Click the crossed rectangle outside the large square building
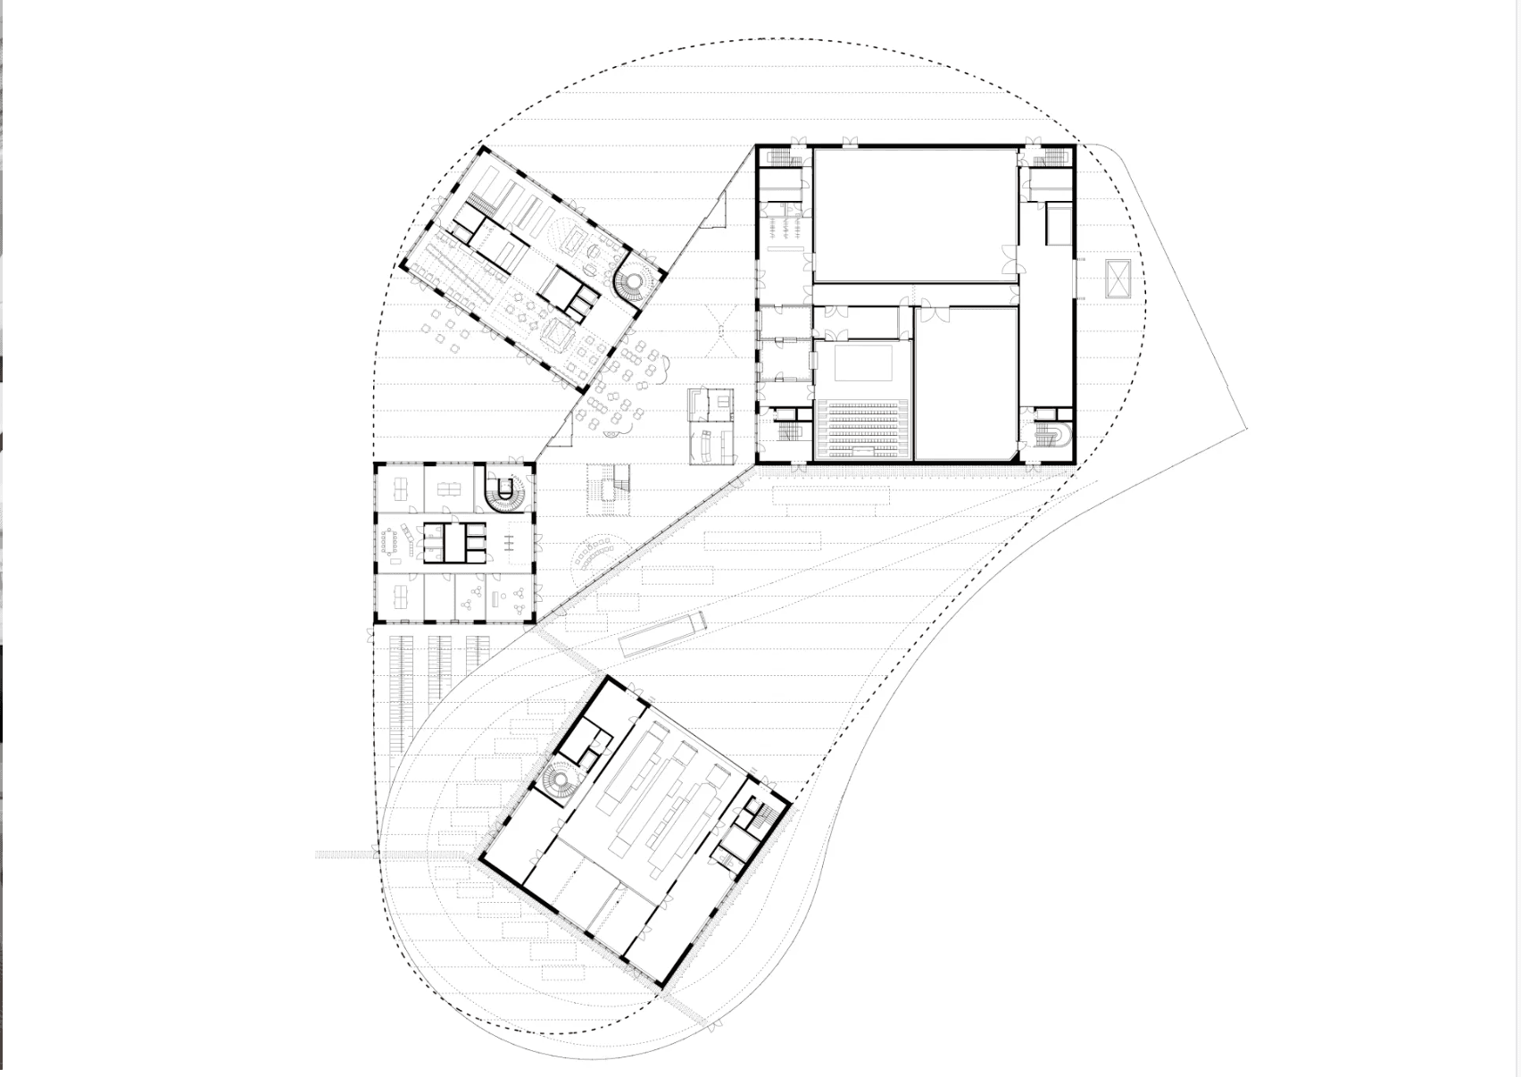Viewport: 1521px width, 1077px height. coord(1118,279)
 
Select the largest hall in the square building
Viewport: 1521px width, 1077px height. coord(915,214)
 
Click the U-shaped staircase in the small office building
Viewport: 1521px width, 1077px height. coord(504,492)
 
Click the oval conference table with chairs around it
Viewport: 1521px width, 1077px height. coord(391,541)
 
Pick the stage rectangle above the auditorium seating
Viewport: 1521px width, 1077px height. coord(863,362)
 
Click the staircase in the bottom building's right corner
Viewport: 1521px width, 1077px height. coord(755,813)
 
